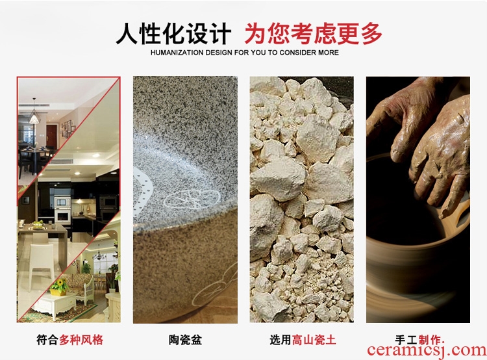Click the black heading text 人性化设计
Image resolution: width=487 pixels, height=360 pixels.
[x=173, y=34]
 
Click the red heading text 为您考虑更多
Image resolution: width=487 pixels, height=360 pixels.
[x=313, y=34]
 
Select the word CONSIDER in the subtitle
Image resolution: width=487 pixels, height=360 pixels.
[x=297, y=53]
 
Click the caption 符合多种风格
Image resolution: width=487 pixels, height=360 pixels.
[x=70, y=340]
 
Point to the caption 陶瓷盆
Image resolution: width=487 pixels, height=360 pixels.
[x=186, y=340]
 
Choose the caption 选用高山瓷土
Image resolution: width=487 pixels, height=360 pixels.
[x=303, y=340]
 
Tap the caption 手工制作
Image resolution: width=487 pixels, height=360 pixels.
[x=419, y=340]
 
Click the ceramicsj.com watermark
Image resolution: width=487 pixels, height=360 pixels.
[x=427, y=351]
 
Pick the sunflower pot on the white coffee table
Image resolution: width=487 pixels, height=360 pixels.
[x=59, y=287]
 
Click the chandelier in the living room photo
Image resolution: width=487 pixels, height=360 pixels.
[x=99, y=255]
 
